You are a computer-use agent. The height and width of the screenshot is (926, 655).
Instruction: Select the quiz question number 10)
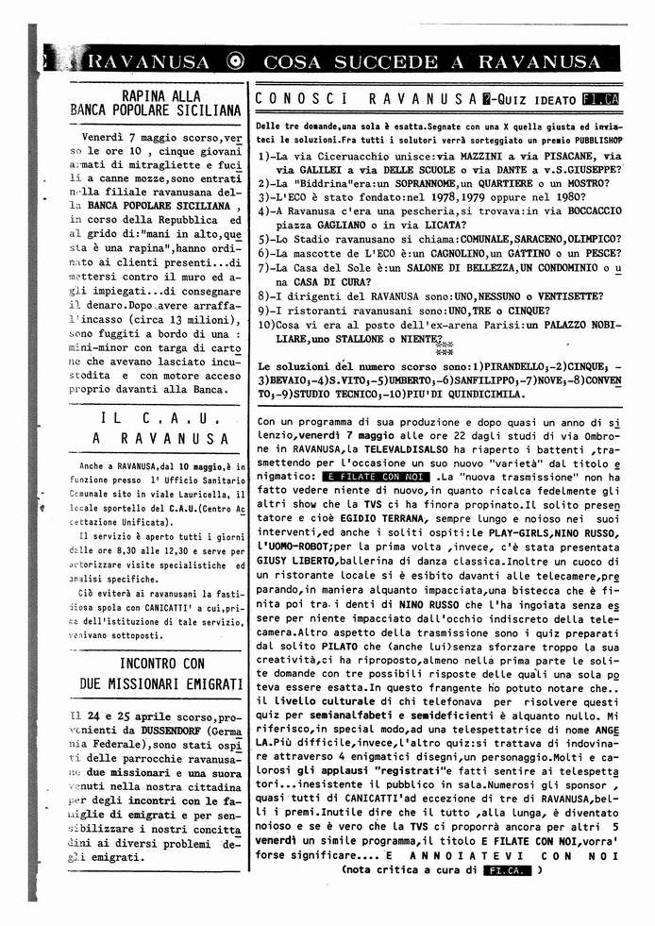(x=267, y=326)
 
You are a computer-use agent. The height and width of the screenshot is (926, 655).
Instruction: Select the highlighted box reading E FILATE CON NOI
(x=374, y=478)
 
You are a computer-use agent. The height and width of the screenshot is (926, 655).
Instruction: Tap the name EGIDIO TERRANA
(x=363, y=517)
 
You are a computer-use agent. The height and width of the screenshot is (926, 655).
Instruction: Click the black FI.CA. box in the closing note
(x=506, y=870)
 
